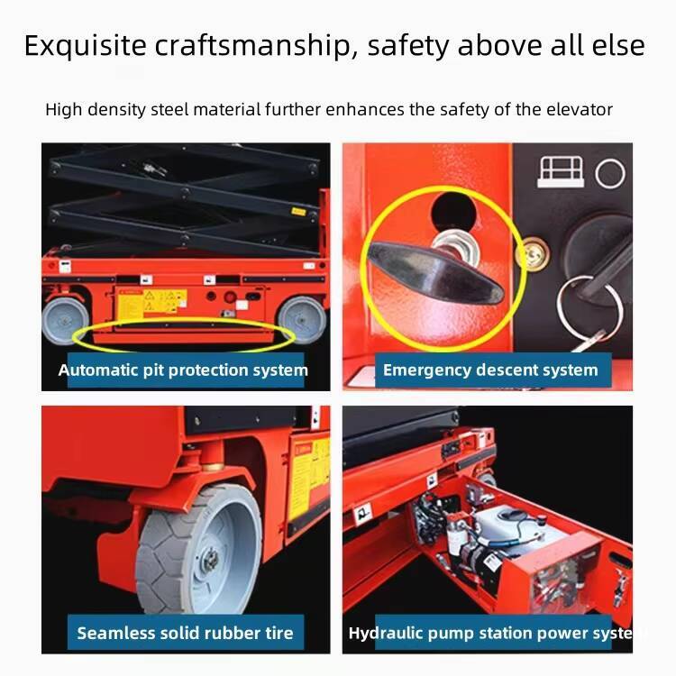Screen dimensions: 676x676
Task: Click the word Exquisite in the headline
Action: (x=86, y=46)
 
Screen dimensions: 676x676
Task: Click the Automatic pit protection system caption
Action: (x=183, y=370)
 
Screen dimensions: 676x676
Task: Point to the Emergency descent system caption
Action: (x=490, y=370)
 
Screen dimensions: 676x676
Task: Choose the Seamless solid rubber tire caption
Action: (x=185, y=633)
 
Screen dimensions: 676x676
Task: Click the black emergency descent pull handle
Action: (x=435, y=272)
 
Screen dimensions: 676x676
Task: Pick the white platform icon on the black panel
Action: (x=561, y=172)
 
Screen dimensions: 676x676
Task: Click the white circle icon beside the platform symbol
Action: (x=609, y=173)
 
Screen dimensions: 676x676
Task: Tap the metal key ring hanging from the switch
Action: (x=589, y=305)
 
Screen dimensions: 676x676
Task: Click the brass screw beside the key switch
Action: (x=534, y=253)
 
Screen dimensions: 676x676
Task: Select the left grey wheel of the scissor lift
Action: (x=65, y=320)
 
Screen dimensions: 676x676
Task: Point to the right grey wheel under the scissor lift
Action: (x=302, y=319)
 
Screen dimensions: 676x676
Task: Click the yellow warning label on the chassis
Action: (x=152, y=302)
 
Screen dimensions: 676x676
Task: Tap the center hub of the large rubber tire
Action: (x=210, y=560)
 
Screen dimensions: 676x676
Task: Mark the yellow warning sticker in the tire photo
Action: (x=308, y=478)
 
